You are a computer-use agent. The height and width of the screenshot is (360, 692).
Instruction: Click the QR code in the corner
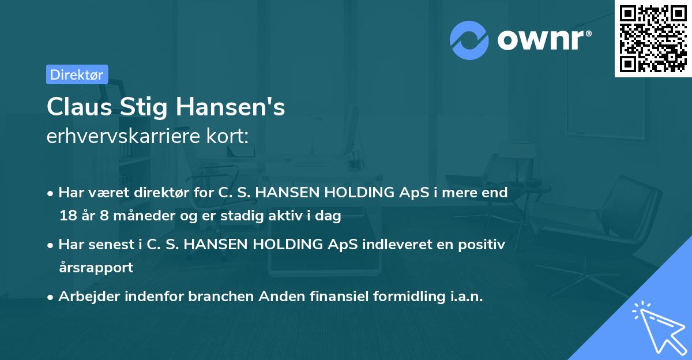click(653, 39)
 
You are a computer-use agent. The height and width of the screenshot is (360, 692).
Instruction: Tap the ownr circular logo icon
click(469, 40)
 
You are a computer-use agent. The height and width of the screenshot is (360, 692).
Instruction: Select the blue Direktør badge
click(77, 74)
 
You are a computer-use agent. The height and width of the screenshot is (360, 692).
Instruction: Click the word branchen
click(221, 297)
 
